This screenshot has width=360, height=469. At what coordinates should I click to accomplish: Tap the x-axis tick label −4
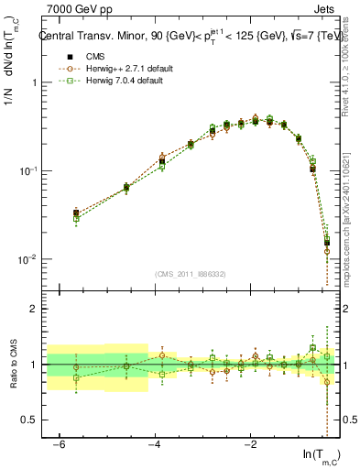(155, 444)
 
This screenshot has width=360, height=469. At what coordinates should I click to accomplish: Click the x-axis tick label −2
(250, 444)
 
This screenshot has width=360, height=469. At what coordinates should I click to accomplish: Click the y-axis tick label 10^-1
(30, 170)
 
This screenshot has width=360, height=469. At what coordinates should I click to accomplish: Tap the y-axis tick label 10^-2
(30, 259)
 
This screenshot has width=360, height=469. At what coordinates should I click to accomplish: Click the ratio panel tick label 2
(34, 310)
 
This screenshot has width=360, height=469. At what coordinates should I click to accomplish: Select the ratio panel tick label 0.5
(29, 420)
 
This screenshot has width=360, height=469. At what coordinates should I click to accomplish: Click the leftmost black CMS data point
(76, 213)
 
